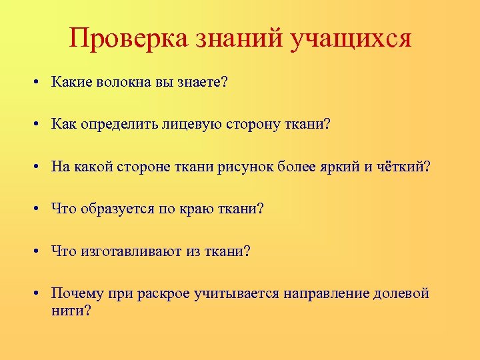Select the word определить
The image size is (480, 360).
coord(114,125)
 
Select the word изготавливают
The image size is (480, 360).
coord(127,251)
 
